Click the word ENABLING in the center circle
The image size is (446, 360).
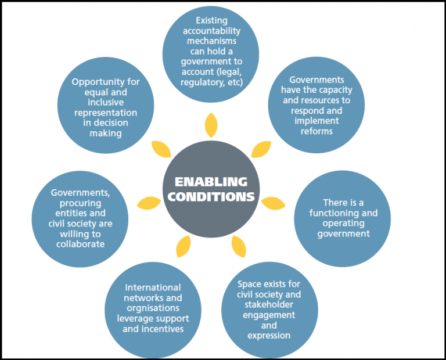pos(211,182)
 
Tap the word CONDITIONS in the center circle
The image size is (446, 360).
pos(211,196)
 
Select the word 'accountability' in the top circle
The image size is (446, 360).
pos(211,31)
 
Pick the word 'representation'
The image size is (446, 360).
pos(106,113)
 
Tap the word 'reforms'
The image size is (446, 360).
pos(316,131)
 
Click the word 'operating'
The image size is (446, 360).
pos(343,224)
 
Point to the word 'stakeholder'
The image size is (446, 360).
pos(269,305)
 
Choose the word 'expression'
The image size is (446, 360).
pos(269,336)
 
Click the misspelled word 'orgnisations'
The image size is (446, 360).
pos(153,308)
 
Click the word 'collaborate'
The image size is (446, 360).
pos(81,244)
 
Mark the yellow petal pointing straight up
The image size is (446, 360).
pos(211,125)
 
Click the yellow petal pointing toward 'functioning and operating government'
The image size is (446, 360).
pos(273,203)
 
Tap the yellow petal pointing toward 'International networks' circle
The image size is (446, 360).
pos(184,247)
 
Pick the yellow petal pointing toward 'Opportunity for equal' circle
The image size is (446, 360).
pos(161,149)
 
